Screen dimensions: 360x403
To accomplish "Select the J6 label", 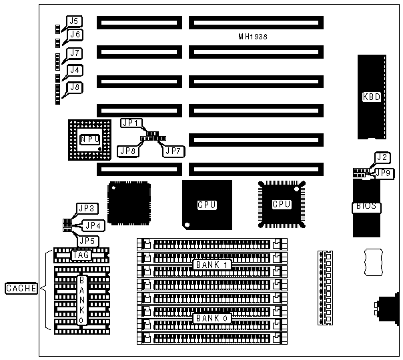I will click(75, 35).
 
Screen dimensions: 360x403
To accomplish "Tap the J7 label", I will click(75, 53).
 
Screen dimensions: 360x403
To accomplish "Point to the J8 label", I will click(75, 87).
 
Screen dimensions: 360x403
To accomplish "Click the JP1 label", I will click(130, 123).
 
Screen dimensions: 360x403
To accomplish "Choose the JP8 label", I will click(127, 151).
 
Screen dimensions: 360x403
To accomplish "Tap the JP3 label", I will click(88, 209).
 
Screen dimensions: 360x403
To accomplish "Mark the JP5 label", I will click(88, 241).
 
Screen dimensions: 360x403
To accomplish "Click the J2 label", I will click(382, 158).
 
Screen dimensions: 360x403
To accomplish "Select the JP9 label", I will click(384, 173).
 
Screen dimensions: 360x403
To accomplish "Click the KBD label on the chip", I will click(372, 97).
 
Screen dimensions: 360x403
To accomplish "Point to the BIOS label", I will click(367, 207).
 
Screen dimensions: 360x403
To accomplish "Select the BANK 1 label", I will click(212, 265).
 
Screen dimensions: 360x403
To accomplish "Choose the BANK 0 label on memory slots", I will click(212, 319).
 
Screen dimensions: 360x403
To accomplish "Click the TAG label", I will click(81, 255).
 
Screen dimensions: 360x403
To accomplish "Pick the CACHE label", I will click(20, 289).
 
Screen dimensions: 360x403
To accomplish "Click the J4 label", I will click(75, 70).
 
